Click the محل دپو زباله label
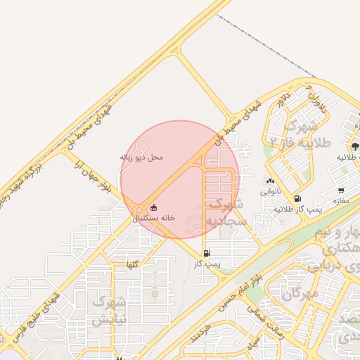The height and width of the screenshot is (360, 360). click(142, 157)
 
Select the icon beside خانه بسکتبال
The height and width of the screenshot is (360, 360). click(154, 208)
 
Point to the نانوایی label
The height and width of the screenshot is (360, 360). click(270, 191)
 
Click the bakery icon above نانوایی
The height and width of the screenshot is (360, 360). click(270, 181)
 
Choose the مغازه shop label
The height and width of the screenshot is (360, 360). click(341, 200)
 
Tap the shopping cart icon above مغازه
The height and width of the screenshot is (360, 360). click(341, 191)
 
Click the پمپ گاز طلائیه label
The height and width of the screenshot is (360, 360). click(297, 209)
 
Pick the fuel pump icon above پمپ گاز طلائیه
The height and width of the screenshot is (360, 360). click(297, 199)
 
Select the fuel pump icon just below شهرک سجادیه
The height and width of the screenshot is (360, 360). click(207, 254)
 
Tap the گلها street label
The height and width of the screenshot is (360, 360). click(131, 264)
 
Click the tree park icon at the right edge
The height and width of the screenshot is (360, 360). click(354, 147)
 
